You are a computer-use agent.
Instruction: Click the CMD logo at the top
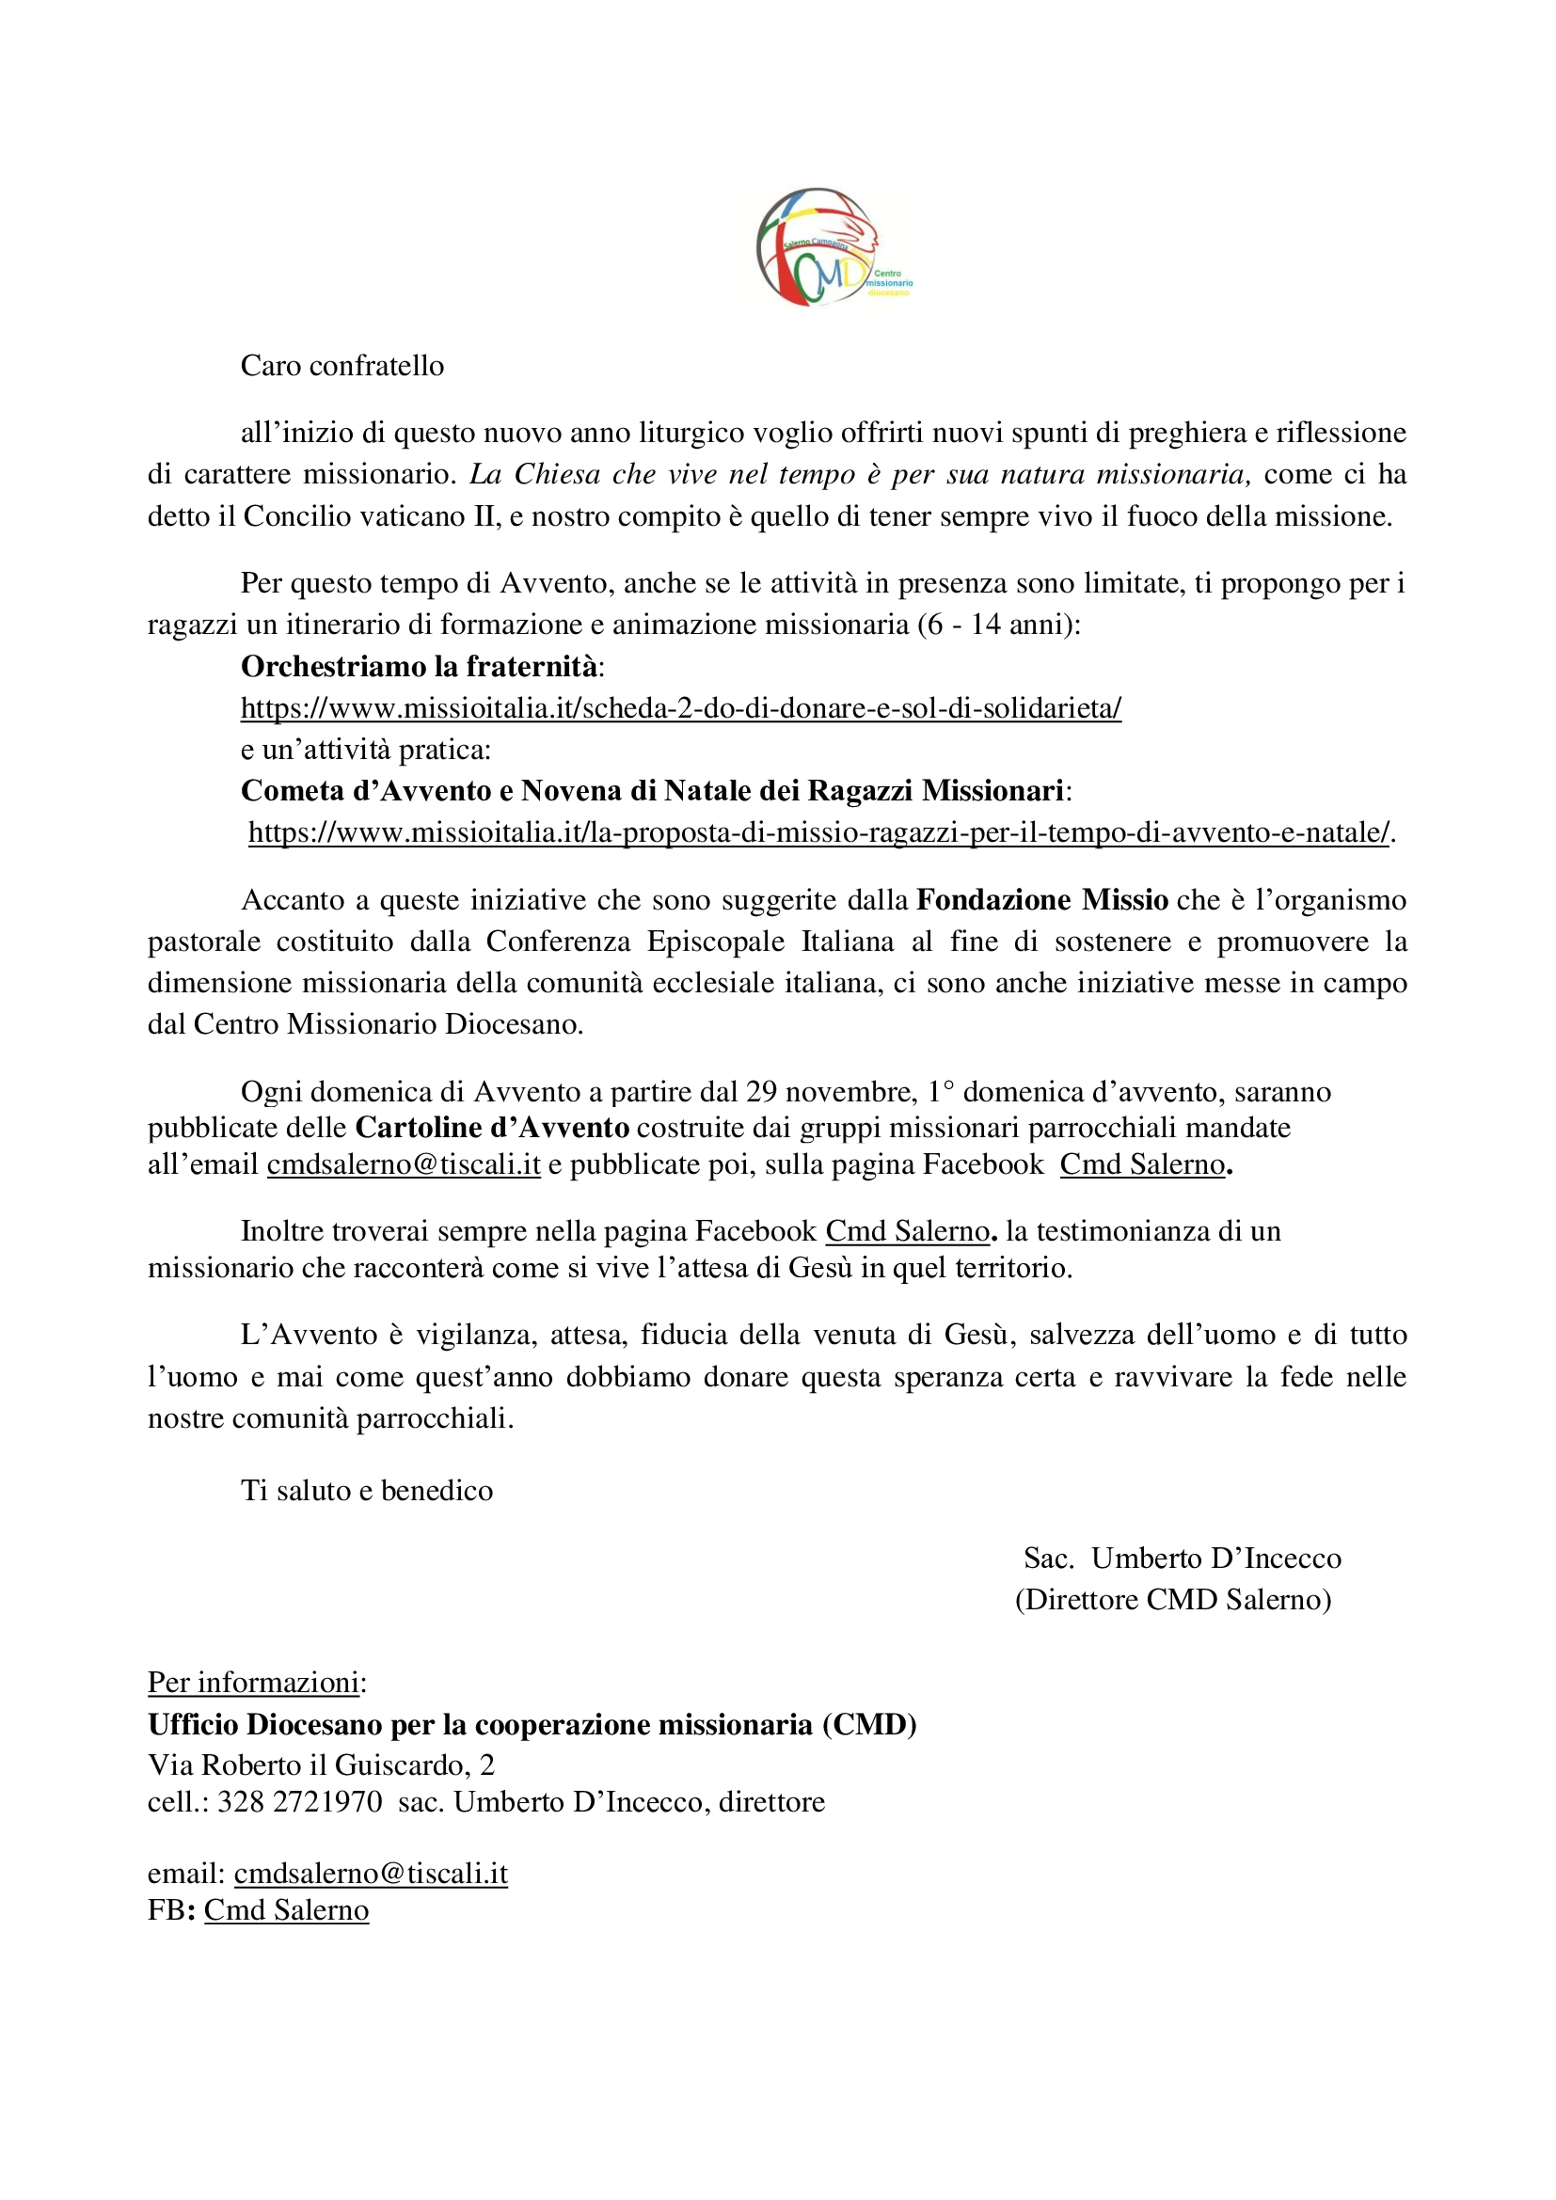[830, 248]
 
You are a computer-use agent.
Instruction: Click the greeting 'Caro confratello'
[342, 366]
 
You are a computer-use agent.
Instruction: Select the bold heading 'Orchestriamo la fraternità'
[420, 666]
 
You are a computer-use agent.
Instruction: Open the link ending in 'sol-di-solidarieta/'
[680, 708]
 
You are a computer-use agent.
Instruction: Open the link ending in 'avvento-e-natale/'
[819, 832]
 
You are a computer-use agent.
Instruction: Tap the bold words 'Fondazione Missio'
[1041, 900]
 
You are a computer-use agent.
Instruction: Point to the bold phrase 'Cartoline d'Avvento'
[492, 1127]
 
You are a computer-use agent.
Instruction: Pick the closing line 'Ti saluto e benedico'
[367, 1490]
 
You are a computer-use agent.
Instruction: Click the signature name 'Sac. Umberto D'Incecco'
[1183, 1558]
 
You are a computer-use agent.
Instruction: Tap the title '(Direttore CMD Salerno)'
[1173, 1599]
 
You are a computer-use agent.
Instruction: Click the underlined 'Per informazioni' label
[253, 1683]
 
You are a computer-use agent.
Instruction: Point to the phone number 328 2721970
[300, 1801]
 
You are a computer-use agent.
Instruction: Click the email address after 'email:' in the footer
[371, 1874]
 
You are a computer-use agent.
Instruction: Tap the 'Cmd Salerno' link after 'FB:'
[287, 1909]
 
